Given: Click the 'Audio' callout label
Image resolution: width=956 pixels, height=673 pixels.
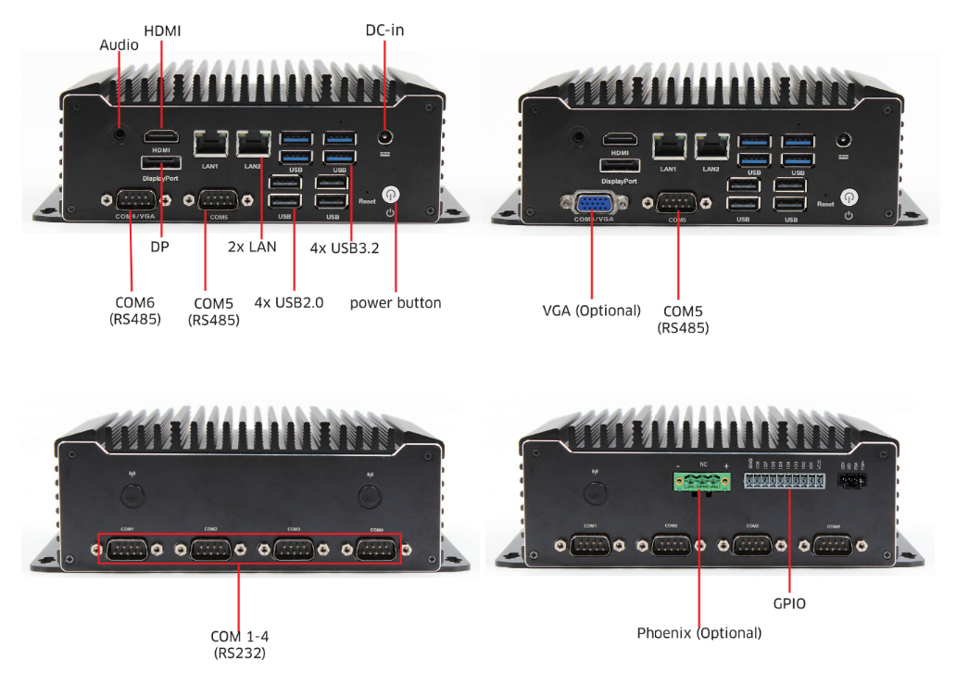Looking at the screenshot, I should point(119,44).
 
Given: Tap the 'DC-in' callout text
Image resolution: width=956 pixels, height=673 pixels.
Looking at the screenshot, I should point(384,31).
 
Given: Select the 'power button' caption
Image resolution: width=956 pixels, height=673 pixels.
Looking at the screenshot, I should point(396,303).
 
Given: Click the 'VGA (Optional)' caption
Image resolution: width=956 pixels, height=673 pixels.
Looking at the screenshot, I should point(591,311).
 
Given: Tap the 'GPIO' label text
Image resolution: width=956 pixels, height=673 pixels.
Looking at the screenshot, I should point(789,603).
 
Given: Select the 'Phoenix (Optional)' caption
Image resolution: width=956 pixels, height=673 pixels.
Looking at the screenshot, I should point(698,633).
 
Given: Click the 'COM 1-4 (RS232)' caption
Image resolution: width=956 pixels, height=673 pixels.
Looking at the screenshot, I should point(239,644).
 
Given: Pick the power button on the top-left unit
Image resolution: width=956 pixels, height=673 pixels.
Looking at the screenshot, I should point(391,196).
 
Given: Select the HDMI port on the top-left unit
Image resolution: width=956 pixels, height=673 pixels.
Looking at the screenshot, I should point(161,138).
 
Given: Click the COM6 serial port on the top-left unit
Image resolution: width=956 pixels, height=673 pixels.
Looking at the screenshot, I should point(135,201).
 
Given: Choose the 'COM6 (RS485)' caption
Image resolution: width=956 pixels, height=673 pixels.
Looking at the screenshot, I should point(135,311).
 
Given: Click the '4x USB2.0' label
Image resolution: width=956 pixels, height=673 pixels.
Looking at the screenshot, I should point(289,302).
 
